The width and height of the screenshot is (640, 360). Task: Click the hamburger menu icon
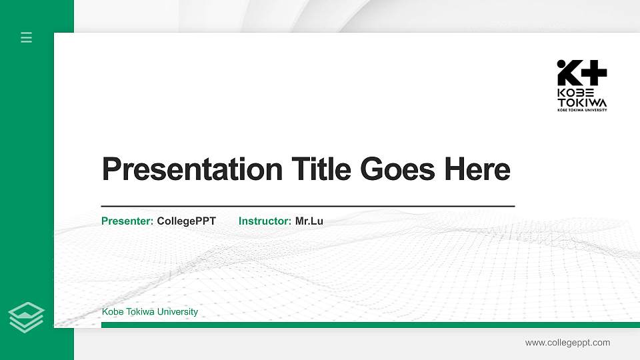[x=27, y=37]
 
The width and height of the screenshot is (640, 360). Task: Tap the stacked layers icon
[x=27, y=317]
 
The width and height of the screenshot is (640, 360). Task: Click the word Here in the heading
[x=477, y=169]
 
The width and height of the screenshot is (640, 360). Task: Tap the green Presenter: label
[x=127, y=221]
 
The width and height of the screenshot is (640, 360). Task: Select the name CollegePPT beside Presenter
[x=186, y=221]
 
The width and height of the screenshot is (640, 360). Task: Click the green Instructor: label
[x=265, y=221]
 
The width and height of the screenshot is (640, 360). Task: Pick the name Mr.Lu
[x=309, y=221]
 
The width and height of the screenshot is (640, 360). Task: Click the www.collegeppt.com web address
[x=567, y=343]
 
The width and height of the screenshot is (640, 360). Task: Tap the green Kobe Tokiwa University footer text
[x=149, y=312]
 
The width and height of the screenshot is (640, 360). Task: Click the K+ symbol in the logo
[x=582, y=73]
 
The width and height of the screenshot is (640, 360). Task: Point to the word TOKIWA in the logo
[x=582, y=103]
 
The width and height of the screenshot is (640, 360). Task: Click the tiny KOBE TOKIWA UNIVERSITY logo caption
[x=582, y=110]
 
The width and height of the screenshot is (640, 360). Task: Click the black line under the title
[x=307, y=207]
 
